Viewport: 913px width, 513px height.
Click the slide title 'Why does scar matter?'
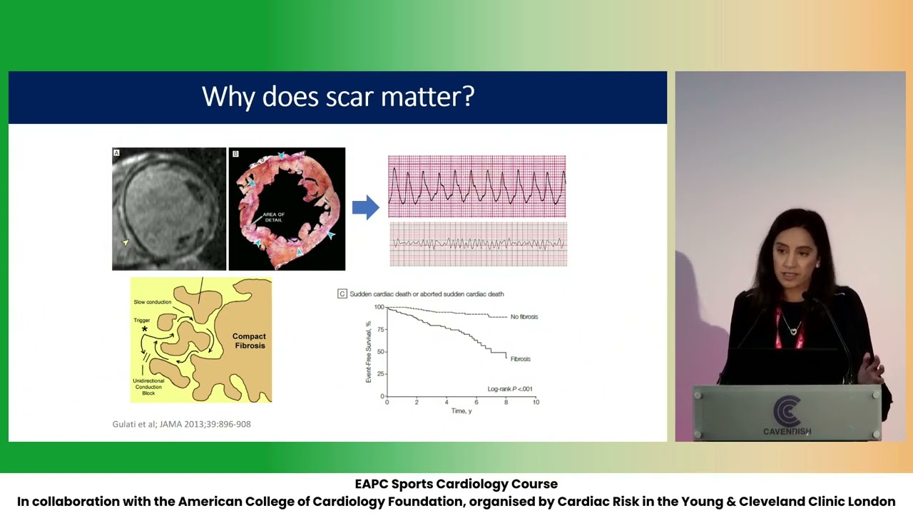click(338, 97)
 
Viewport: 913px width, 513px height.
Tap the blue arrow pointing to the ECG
click(365, 207)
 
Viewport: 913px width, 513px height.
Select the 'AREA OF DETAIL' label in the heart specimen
click(273, 217)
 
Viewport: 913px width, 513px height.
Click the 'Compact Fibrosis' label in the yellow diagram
click(249, 341)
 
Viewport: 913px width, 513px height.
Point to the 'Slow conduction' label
click(153, 302)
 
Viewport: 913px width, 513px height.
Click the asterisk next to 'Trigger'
click(145, 329)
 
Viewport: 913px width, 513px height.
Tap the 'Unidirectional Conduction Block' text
click(148, 387)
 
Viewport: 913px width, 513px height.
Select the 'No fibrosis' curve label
click(524, 316)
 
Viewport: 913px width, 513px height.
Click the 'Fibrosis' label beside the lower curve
click(520, 359)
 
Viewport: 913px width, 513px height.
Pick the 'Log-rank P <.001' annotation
click(509, 389)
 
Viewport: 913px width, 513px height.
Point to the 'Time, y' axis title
click(461, 411)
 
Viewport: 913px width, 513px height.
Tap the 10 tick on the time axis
click(536, 403)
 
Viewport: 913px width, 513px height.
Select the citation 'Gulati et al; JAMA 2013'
click(181, 424)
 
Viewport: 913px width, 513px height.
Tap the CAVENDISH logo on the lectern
click(787, 417)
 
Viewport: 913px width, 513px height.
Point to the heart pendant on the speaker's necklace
click(792, 331)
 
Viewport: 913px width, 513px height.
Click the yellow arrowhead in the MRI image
click(126, 243)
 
